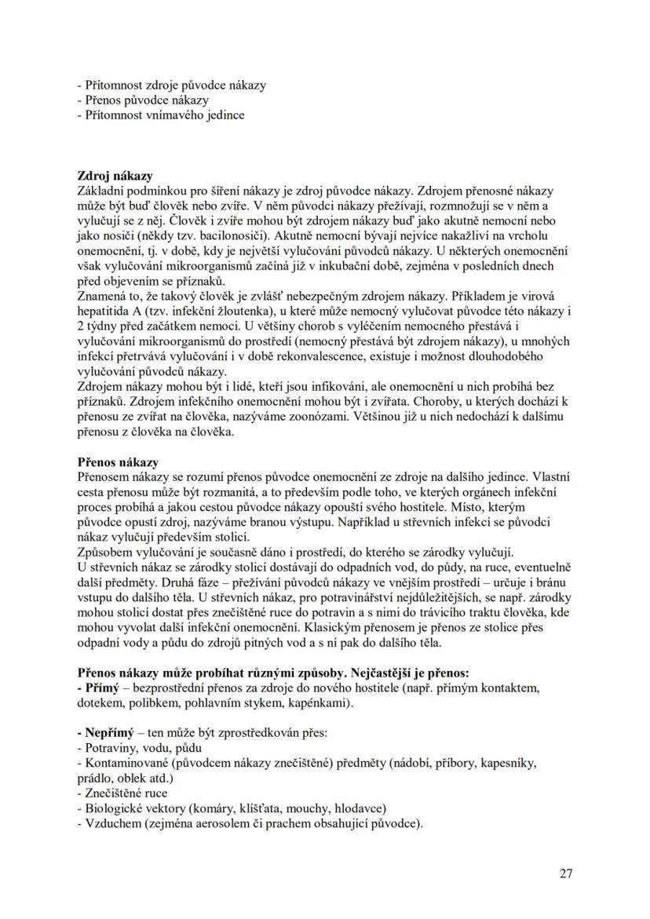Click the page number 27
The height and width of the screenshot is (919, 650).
[x=566, y=873]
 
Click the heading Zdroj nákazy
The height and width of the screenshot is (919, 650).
[x=115, y=175]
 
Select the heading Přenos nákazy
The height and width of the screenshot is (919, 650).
[x=117, y=462]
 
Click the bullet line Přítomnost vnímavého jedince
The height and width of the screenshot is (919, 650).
[x=160, y=115]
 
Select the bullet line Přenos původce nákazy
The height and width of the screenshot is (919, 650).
[x=143, y=100]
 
